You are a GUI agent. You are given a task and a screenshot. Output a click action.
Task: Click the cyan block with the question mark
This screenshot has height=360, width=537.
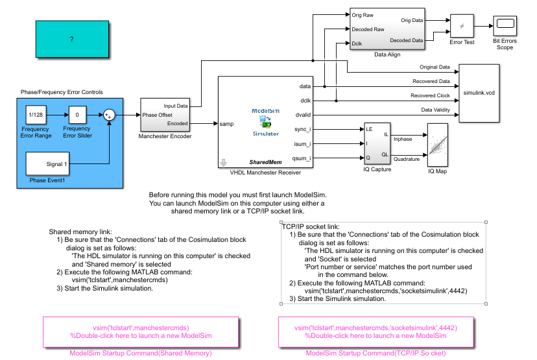click(72, 39)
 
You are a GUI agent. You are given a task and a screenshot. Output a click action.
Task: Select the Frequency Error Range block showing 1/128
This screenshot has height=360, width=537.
click(36, 115)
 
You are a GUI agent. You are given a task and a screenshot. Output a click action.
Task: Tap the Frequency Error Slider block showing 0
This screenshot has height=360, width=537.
click(77, 115)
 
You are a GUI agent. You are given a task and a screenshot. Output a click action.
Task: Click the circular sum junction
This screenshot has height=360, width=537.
click(109, 115)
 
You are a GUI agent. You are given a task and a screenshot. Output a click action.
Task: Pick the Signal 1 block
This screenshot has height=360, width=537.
click(47, 163)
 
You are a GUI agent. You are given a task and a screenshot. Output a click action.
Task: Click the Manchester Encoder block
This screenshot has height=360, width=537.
click(165, 115)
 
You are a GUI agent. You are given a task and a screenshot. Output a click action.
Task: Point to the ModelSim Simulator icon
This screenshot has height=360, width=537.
click(266, 122)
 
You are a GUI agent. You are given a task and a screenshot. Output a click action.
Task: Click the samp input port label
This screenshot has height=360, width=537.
click(226, 124)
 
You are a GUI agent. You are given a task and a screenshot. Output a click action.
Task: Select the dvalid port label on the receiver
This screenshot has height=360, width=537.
click(303, 115)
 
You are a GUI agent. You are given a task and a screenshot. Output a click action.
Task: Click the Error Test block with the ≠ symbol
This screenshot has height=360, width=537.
click(462, 26)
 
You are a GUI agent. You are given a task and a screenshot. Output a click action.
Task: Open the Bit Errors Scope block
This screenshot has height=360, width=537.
click(505, 26)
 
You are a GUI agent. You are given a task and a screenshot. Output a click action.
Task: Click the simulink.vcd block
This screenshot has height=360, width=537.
click(479, 93)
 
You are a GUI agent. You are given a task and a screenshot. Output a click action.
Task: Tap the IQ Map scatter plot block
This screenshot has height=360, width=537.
click(437, 145)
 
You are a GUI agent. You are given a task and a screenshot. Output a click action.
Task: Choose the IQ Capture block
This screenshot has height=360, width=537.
click(377, 144)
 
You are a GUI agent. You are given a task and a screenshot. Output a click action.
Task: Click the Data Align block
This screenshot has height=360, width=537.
click(387, 29)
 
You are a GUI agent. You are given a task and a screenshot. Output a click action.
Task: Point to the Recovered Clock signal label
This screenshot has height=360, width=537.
click(430, 95)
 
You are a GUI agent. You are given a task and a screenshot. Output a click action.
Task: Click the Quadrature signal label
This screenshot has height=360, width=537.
click(407, 159)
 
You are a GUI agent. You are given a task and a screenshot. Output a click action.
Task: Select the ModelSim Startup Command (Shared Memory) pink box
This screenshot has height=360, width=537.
click(141, 332)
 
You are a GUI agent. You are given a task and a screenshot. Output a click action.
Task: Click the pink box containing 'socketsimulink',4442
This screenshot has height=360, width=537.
click(376, 332)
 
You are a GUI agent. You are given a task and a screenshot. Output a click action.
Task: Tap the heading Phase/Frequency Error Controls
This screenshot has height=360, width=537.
click(62, 92)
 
